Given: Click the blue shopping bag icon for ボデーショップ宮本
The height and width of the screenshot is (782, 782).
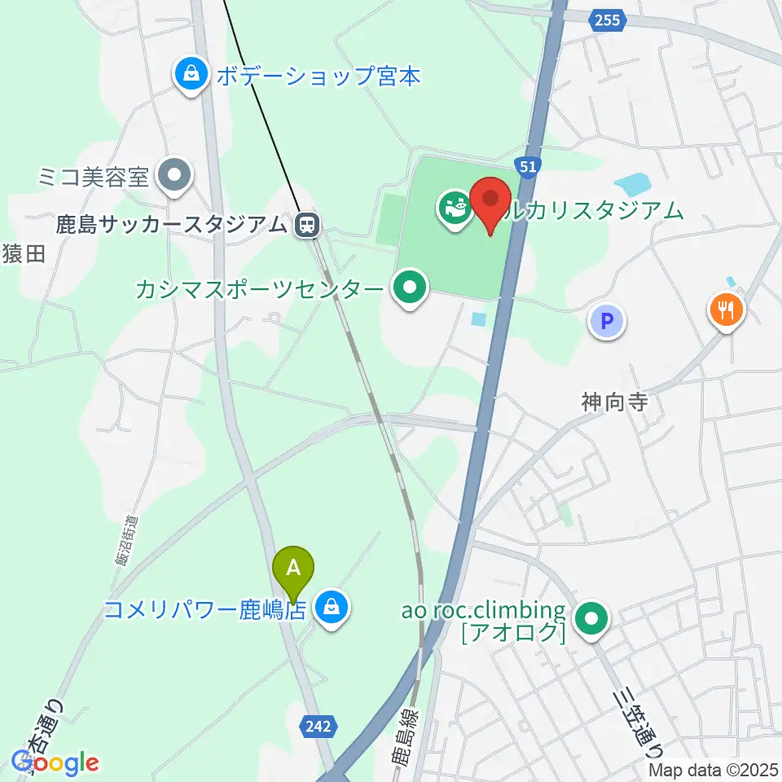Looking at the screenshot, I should click(191, 76).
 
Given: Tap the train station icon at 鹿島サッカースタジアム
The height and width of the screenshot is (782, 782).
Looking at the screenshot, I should click(307, 224).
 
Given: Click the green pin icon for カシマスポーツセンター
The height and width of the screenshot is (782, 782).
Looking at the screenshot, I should click(410, 288).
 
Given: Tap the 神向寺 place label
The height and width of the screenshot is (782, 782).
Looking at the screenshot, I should click(615, 402).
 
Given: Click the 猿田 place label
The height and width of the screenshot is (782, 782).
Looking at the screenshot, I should click(22, 256).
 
